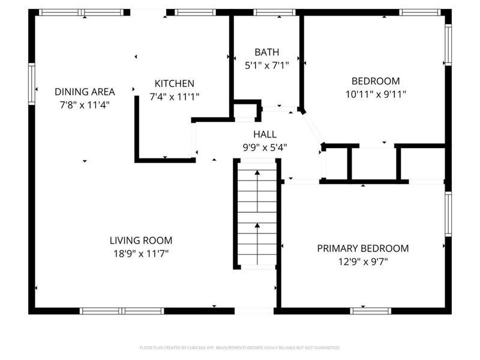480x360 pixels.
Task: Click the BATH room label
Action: [x=266, y=52]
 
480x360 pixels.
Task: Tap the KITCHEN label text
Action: [x=175, y=83]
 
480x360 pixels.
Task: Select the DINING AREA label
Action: [x=85, y=92]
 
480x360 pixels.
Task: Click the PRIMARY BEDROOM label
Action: [x=363, y=248]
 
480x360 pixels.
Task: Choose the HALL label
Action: [x=265, y=134]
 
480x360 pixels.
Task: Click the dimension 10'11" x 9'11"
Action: [x=376, y=94]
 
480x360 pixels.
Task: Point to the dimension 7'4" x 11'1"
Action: [x=175, y=96]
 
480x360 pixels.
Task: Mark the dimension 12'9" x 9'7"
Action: [x=363, y=261]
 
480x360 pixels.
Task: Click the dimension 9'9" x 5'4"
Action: [x=265, y=147]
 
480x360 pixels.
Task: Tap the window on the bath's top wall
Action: [x=274, y=12]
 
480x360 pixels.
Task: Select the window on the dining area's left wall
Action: [x=32, y=85]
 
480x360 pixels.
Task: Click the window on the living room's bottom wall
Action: [x=122, y=311]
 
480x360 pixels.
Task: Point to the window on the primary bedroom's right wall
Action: [x=447, y=214]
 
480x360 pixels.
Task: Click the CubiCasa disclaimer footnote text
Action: [x=240, y=347]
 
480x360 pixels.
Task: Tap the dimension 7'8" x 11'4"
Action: [x=85, y=104]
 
